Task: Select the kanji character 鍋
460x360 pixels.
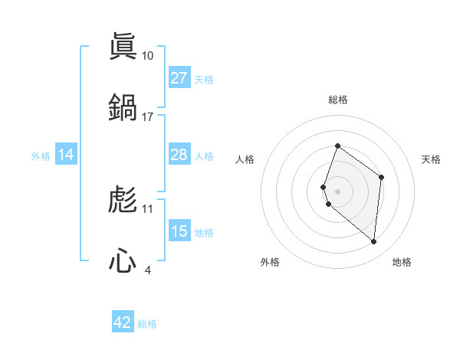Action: point(123,106)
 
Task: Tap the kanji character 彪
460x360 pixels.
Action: point(123,200)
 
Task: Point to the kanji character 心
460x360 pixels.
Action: point(123,260)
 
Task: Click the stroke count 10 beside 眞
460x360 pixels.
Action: point(148,56)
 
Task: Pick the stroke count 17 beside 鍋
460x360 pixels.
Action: point(148,116)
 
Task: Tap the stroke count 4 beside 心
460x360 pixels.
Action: point(148,270)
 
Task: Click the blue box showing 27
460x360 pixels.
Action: point(179,78)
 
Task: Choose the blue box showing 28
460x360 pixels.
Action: point(179,155)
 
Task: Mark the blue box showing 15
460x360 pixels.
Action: point(179,231)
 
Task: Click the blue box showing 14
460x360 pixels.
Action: point(66,155)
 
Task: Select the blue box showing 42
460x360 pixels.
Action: point(123,322)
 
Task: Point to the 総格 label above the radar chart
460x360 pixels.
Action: point(338,100)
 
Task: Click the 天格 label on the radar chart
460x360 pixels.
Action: point(431,159)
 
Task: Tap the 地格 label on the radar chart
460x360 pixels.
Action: point(402,262)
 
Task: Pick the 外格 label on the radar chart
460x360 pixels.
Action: point(270,262)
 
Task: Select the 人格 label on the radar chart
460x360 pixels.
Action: point(245,159)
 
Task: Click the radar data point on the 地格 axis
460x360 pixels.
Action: point(373,241)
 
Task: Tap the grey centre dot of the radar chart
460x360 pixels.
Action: point(338,191)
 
